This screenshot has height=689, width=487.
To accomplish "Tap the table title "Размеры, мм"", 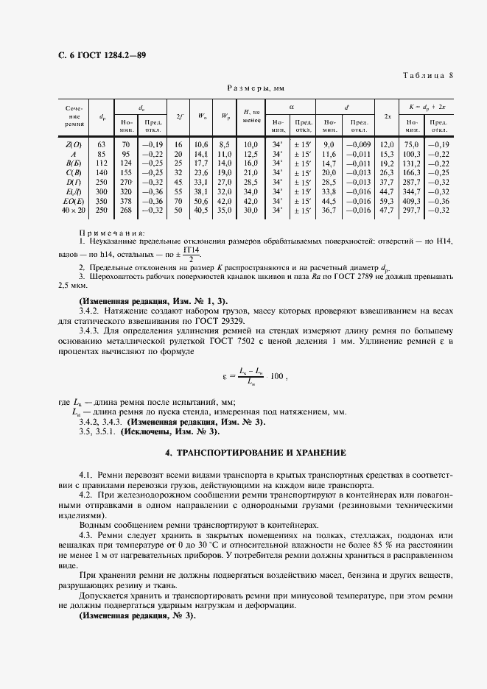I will [250, 87].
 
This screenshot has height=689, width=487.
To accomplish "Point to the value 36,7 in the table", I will [329, 210].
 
